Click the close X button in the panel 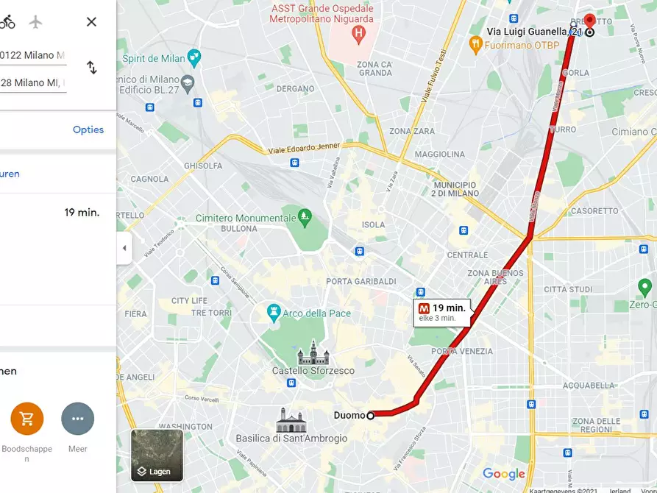pyautogui.click(x=91, y=22)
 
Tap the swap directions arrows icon pyautogui.click(x=92, y=68)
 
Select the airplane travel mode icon pyautogui.click(x=36, y=22)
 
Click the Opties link pyautogui.click(x=88, y=130)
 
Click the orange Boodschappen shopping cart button pyautogui.click(x=27, y=419)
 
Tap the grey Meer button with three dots pyautogui.click(x=77, y=419)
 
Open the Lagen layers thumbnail pyautogui.click(x=157, y=455)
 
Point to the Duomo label pyautogui.click(x=349, y=415)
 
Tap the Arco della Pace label pyautogui.click(x=316, y=313)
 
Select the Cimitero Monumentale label pyautogui.click(x=244, y=218)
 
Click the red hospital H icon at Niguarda pyautogui.click(x=358, y=32)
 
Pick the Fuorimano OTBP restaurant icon pyautogui.click(x=476, y=44)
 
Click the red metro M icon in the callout pyautogui.click(x=424, y=308)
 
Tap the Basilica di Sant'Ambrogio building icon pyautogui.click(x=291, y=420)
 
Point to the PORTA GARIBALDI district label pyautogui.click(x=361, y=281)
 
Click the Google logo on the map pyautogui.click(x=504, y=475)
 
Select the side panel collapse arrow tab pyautogui.click(x=124, y=248)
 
